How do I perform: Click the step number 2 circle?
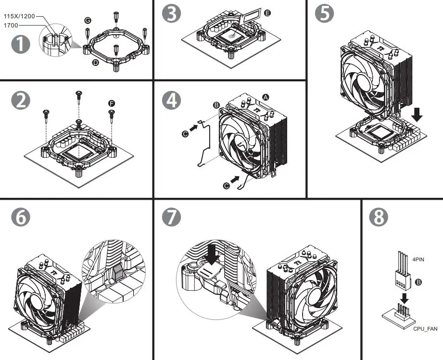(x=21, y=100)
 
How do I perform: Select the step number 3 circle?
(x=171, y=14)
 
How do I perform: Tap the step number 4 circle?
(x=171, y=100)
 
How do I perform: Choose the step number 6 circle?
(x=21, y=217)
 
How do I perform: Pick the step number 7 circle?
(x=171, y=217)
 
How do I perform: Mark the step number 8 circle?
(x=379, y=217)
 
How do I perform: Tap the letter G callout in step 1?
(x=87, y=20)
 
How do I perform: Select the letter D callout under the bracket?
(x=95, y=63)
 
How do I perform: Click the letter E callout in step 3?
(x=267, y=13)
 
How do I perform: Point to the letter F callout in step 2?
(x=112, y=103)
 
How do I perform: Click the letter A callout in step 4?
(x=265, y=97)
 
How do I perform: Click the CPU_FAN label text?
(x=425, y=328)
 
